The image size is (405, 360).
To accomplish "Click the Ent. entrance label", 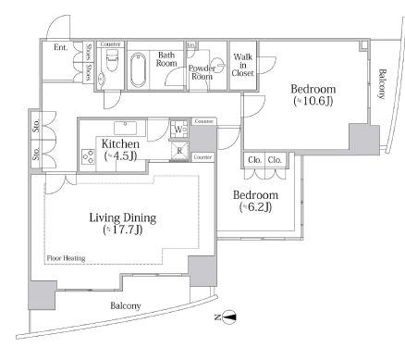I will coord(60,48).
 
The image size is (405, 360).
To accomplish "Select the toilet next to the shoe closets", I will coord(111,68).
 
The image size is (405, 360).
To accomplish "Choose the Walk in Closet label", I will coord(243,66).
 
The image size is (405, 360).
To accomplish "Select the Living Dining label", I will coord(122,217).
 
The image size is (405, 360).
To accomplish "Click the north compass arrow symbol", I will coord(229,317).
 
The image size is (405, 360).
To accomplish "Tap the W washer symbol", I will coord(177,129).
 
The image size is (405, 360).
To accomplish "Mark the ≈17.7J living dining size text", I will coord(122,230).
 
